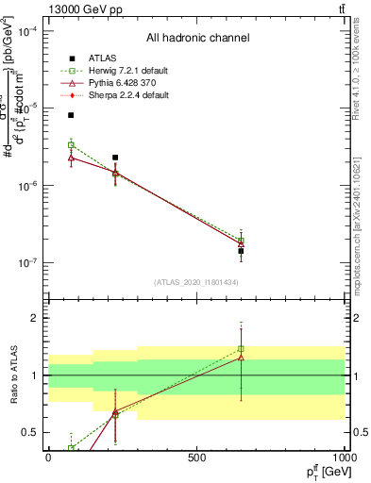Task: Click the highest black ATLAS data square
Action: coord(71,115)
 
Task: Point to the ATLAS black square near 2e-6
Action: coord(115,158)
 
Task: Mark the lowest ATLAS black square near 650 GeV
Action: coord(241,252)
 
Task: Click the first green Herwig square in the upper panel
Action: coord(71,145)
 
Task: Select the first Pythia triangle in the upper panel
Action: coord(71,158)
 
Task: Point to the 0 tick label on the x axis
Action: coord(48,458)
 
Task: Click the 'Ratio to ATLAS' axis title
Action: coord(11,377)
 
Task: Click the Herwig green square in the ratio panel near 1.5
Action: coord(241,349)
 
